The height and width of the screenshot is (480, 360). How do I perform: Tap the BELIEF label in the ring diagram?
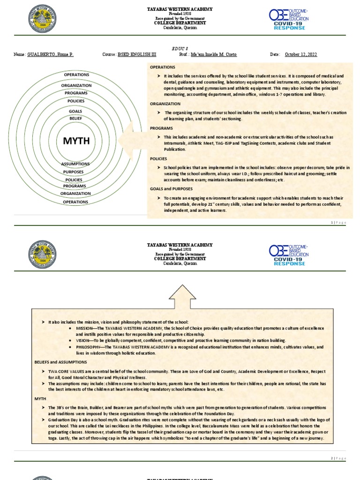coord(76,119)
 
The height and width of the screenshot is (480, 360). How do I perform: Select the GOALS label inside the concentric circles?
coord(76,111)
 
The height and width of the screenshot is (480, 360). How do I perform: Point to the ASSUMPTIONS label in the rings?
coord(75,164)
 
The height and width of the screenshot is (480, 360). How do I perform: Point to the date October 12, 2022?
coord(301,54)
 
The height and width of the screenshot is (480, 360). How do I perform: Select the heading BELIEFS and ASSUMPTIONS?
coord(60,362)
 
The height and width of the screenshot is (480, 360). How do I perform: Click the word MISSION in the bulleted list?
coord(85,329)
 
